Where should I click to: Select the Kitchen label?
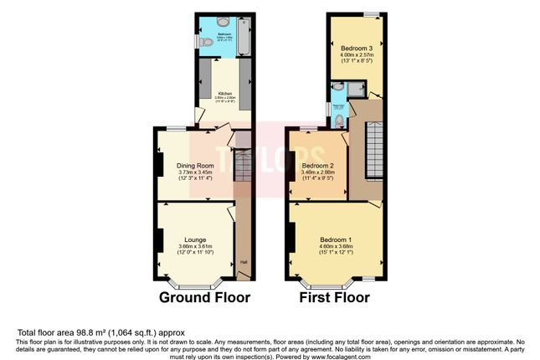tap(225, 93)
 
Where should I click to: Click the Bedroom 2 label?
tap(317, 165)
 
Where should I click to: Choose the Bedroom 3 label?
tap(356, 49)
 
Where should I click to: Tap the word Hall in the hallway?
tap(244, 262)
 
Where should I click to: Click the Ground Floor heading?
tap(204, 297)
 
